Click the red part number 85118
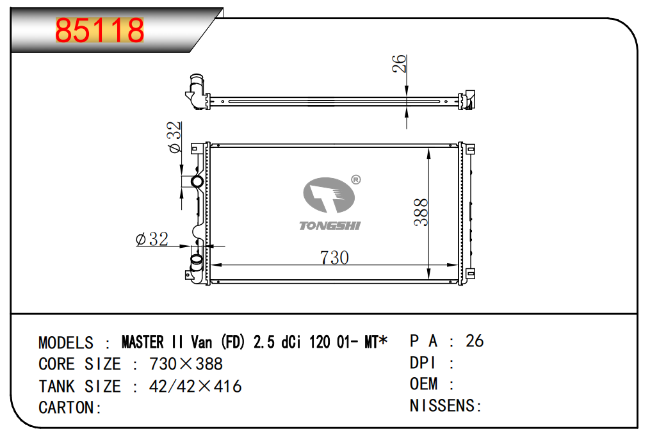click(99, 30)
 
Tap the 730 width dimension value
click(334, 258)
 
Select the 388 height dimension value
click(421, 212)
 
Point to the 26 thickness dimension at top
click(399, 64)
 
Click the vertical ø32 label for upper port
click(175, 137)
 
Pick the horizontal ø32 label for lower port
click(152, 239)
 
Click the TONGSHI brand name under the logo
click(330, 225)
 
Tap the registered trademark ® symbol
click(355, 180)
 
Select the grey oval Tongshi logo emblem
click(329, 195)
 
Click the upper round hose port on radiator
click(197, 181)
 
